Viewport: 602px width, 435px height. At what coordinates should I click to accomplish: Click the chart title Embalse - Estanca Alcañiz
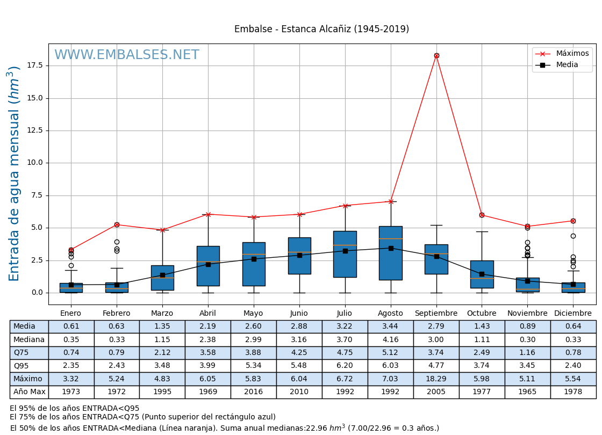coord(321,29)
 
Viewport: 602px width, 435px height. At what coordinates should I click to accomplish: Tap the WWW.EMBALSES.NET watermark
coord(127,55)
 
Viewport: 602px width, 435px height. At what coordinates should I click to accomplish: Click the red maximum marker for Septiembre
coord(436,55)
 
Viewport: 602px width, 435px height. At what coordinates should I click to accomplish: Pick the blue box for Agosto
coord(391,253)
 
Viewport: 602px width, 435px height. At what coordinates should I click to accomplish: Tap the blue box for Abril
coord(208,266)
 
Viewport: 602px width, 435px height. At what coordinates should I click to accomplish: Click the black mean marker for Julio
coord(345,251)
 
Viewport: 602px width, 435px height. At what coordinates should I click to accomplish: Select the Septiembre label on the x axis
coord(436,314)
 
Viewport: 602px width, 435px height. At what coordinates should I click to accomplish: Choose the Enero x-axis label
coord(71,314)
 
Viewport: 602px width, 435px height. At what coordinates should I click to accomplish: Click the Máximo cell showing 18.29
coord(436,379)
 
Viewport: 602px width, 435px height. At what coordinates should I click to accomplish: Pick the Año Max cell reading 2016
coord(253,392)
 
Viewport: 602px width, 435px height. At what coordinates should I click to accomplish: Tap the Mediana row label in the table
coord(29,339)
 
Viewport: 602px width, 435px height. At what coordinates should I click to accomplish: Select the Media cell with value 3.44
coord(390,327)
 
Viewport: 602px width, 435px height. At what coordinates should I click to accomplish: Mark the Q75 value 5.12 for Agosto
coord(390,353)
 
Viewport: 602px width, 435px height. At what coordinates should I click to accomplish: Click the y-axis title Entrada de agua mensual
coord(15,173)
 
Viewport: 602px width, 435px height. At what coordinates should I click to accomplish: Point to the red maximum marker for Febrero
coord(117,224)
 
